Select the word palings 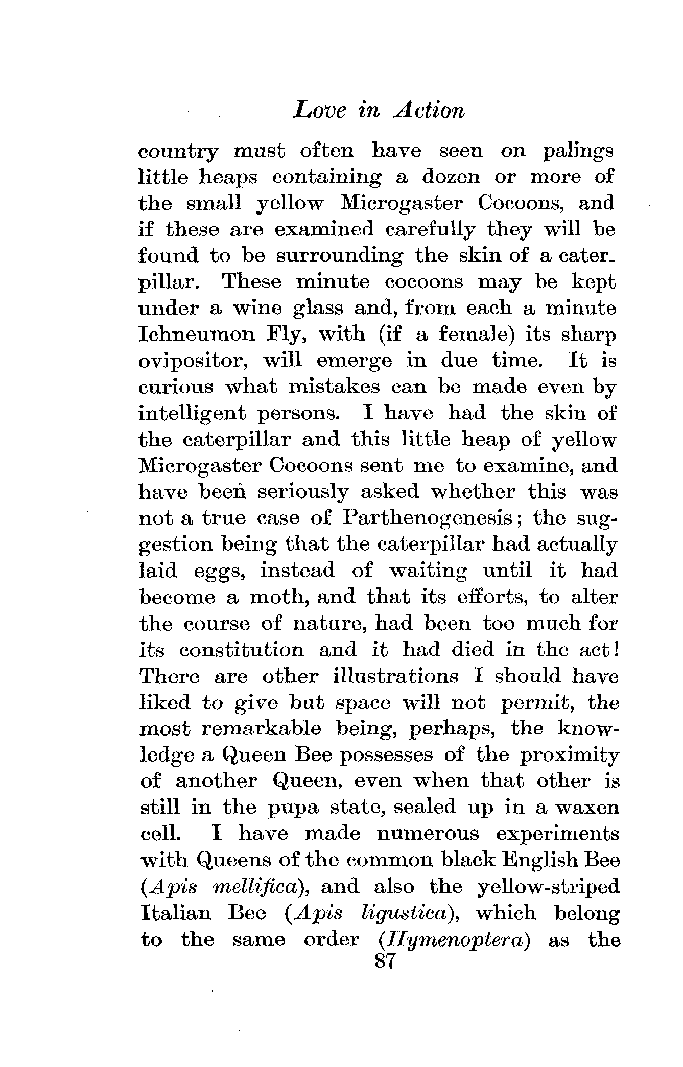pos(578,152)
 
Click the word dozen pos(451,177)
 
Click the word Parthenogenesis pos(428,518)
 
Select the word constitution pos(242,650)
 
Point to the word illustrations pos(395,676)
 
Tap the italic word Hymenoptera pos(454,940)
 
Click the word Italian pos(175,913)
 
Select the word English pos(535,860)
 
